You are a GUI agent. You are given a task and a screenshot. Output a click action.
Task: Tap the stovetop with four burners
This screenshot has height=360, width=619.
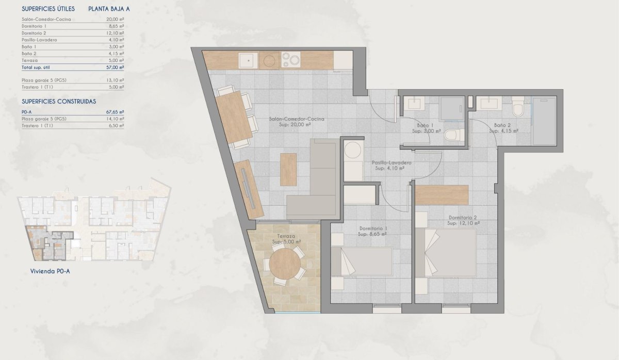[x=290, y=61]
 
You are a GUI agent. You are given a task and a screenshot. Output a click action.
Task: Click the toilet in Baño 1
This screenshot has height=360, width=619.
[x=452, y=136]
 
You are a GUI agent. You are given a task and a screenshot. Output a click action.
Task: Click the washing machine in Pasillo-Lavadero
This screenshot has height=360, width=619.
[x=353, y=151]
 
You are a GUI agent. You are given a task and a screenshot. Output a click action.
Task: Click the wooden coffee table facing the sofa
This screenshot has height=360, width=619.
[x=288, y=170]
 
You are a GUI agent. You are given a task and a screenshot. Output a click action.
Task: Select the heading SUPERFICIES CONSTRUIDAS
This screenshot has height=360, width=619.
[x=59, y=102]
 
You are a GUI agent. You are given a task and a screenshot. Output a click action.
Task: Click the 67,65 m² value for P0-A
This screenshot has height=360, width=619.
[x=115, y=111]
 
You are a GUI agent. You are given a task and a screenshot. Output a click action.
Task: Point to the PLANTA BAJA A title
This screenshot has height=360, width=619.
[x=110, y=9]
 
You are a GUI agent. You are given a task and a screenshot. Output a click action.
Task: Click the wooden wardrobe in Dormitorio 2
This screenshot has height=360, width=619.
[x=442, y=195]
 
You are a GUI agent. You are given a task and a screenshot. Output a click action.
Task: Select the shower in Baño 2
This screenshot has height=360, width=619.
[x=545, y=121]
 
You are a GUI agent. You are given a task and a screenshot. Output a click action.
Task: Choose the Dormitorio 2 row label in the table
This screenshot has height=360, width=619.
[x=35, y=32]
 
